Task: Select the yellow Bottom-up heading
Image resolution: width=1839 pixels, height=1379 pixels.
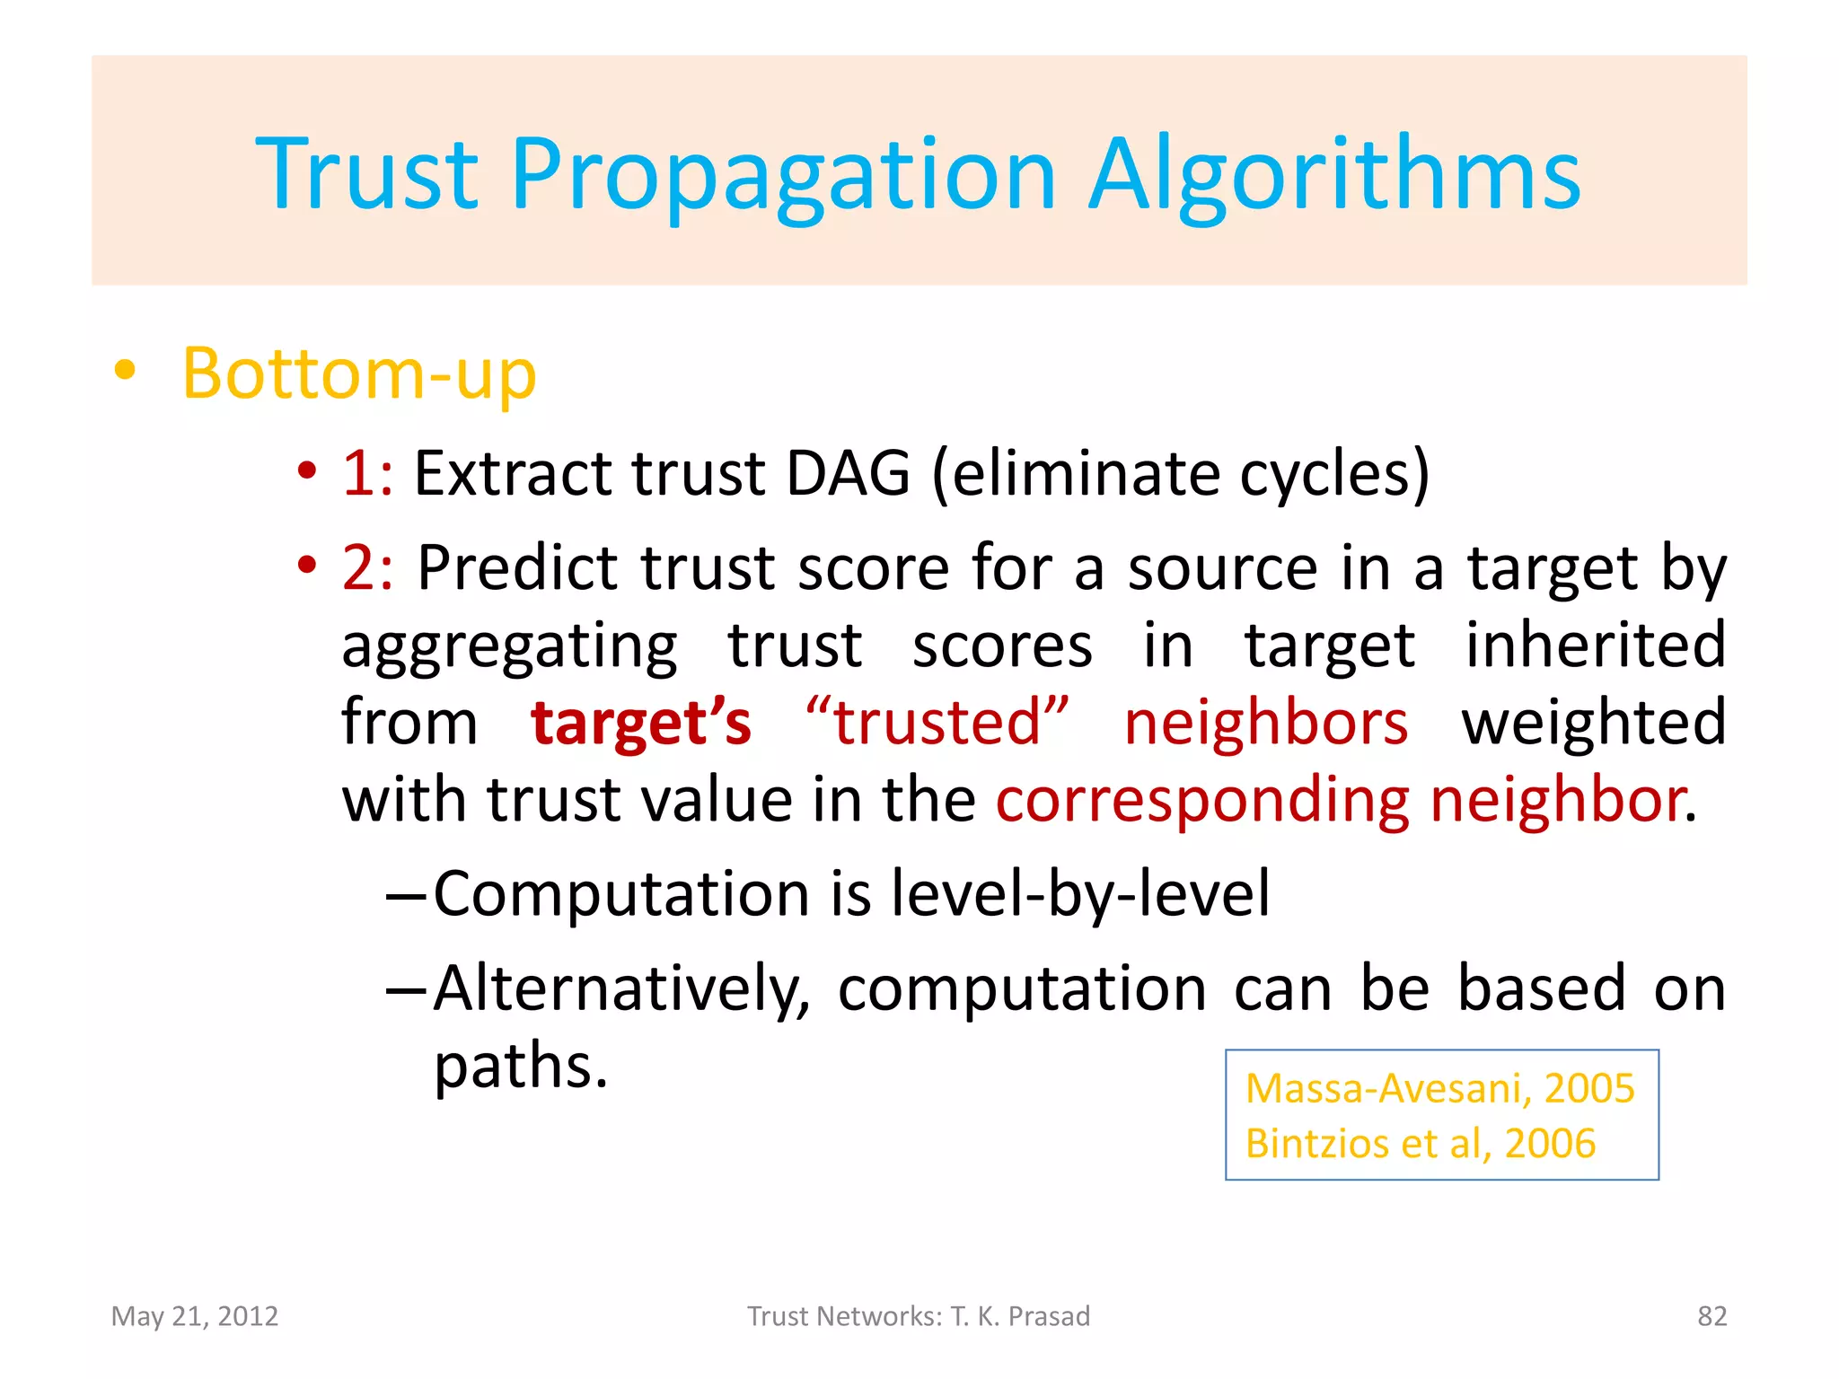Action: (359, 373)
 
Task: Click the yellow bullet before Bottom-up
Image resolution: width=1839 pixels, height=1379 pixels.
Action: (125, 370)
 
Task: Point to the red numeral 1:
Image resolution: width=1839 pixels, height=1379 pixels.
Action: (366, 473)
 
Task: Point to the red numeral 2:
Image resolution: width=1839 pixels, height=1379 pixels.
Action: (366, 568)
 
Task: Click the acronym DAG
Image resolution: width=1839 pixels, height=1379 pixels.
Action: (848, 473)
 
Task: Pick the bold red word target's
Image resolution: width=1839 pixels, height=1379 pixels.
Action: (640, 724)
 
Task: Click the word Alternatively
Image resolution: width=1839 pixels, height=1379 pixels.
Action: (620, 989)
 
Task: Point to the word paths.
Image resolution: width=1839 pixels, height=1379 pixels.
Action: (520, 1067)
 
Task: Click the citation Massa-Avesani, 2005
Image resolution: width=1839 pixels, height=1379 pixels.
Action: (1439, 1089)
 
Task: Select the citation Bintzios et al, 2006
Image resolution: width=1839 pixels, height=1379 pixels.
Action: (1420, 1144)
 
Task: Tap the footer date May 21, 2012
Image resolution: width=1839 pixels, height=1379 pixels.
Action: (195, 1316)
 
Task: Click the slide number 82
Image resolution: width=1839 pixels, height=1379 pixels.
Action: (1711, 1316)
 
